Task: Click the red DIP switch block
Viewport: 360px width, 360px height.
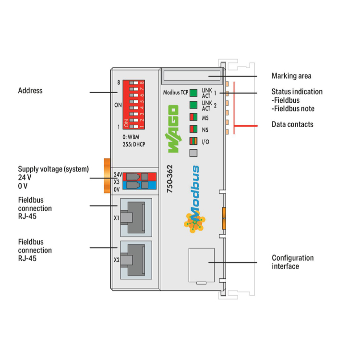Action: (x=133, y=105)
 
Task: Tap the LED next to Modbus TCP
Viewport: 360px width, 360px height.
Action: (x=193, y=93)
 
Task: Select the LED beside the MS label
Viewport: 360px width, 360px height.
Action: (x=193, y=117)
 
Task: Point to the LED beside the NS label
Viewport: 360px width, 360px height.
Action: (x=193, y=129)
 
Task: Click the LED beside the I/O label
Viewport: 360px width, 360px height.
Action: (x=193, y=141)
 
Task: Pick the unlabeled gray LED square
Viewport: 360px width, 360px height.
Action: (x=193, y=153)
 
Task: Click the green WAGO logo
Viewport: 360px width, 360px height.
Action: (x=173, y=129)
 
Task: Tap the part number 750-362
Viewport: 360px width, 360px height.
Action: (x=169, y=179)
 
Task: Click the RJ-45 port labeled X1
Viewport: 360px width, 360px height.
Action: (x=136, y=217)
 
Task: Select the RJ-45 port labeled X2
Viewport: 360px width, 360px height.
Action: (x=136, y=260)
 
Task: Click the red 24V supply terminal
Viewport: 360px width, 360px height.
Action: (x=140, y=177)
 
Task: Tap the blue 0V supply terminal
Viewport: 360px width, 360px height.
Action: (x=140, y=185)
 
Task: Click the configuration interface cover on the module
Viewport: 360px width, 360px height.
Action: (x=202, y=265)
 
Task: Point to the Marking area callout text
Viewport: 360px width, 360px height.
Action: (x=291, y=76)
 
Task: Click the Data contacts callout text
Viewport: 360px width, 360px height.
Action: (x=292, y=124)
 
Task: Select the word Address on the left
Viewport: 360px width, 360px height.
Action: (x=30, y=90)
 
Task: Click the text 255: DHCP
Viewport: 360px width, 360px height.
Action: (x=133, y=144)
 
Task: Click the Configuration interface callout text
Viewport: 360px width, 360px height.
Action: (x=293, y=262)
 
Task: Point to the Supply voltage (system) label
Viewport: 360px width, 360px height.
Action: (x=53, y=169)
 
